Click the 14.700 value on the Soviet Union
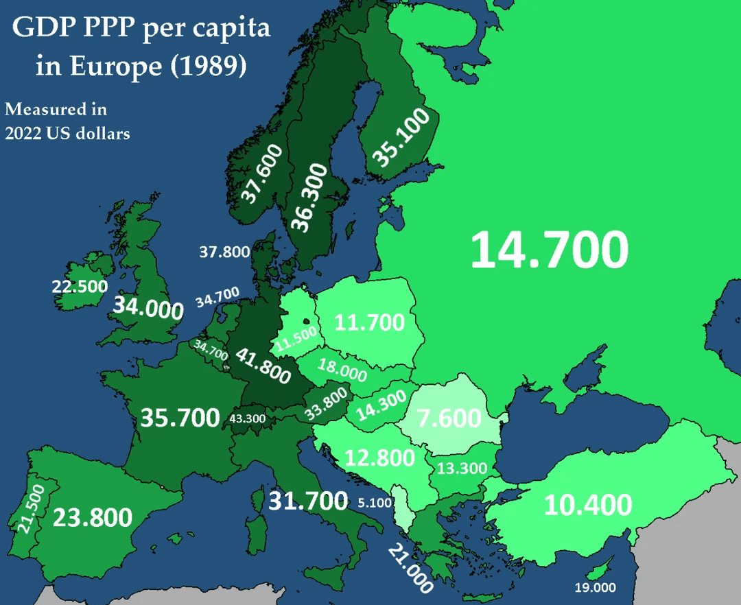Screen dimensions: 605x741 pyautogui.click(x=549, y=250)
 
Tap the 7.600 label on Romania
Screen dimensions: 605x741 pyautogui.click(x=449, y=418)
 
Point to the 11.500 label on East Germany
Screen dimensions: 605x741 pyautogui.click(x=296, y=338)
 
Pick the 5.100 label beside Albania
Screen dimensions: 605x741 pyautogui.click(x=375, y=503)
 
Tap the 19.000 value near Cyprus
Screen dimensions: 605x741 pyautogui.click(x=595, y=588)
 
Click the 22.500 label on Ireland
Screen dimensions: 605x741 pyautogui.click(x=80, y=286)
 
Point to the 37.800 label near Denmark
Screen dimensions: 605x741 pyautogui.click(x=224, y=252)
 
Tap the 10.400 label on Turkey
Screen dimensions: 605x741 pyautogui.click(x=588, y=506)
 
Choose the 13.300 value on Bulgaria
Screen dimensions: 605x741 pyautogui.click(x=462, y=469)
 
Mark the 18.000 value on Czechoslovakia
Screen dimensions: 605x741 pyautogui.click(x=342, y=370)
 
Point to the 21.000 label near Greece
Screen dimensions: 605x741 pyautogui.click(x=410, y=569)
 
